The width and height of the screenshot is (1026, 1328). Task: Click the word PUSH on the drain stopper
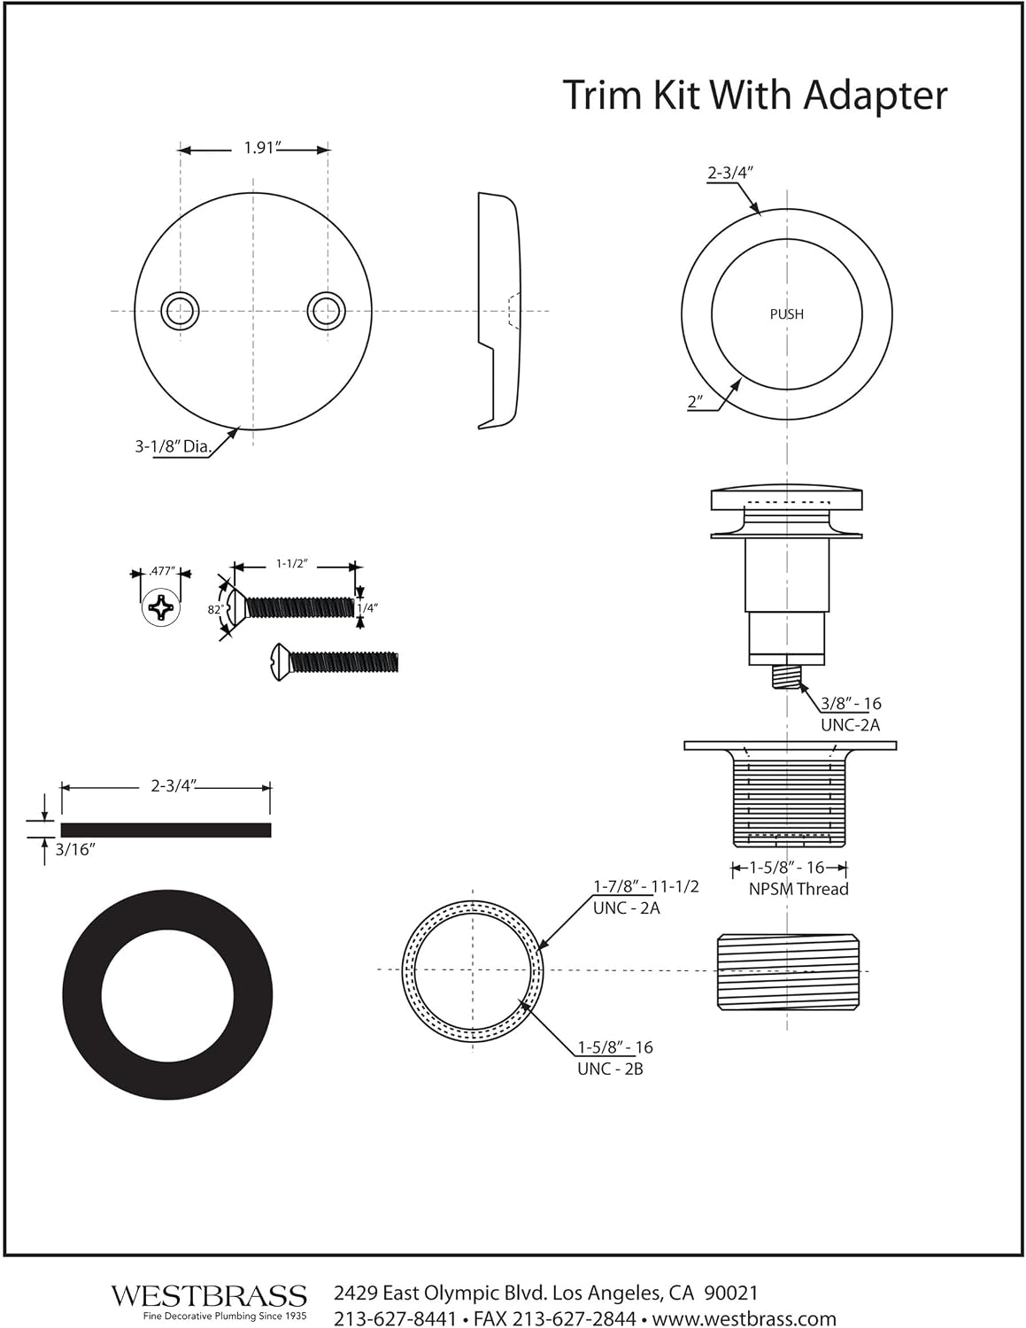[786, 314]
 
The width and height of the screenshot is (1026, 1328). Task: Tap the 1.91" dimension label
[262, 148]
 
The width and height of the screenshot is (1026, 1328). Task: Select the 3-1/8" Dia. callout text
[174, 446]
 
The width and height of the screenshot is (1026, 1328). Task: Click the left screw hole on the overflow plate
[180, 311]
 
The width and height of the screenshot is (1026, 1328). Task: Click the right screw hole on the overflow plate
[327, 311]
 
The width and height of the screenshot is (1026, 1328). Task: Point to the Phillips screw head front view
[161, 607]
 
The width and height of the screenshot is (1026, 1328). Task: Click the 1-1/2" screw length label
[291, 563]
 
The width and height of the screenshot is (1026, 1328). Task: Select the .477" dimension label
[161, 571]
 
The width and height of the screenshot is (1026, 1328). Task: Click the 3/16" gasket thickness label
[76, 850]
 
